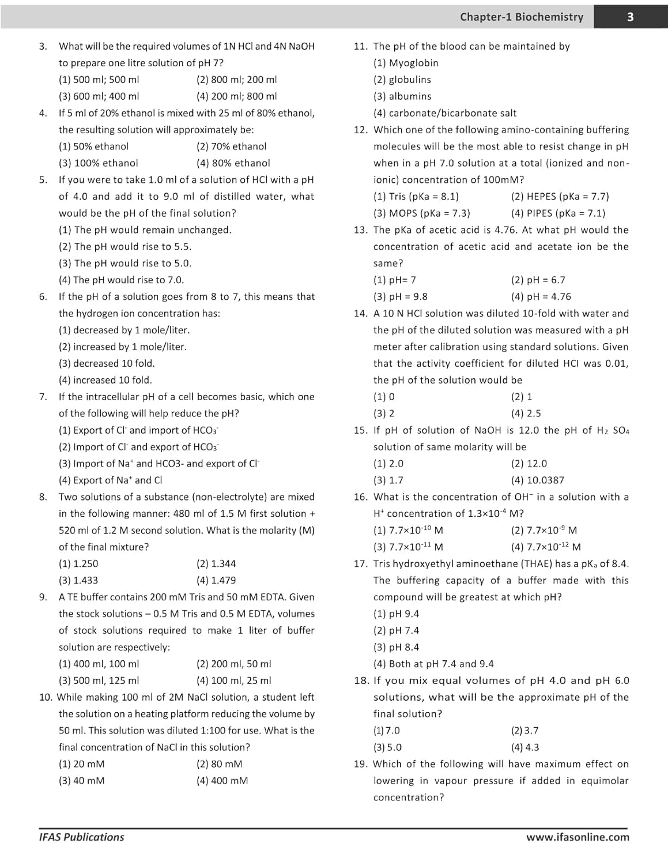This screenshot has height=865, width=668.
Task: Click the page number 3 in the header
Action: (630, 17)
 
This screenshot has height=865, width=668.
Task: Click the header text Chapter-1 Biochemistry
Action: (521, 17)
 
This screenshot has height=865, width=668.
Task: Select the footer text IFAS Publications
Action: (81, 837)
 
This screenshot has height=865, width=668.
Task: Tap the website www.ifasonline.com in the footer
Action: (578, 837)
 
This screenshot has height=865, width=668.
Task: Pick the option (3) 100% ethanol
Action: (99, 163)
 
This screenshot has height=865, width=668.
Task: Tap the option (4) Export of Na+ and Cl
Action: (110, 480)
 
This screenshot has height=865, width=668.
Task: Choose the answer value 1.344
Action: (216, 563)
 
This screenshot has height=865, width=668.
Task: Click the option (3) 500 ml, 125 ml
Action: (99, 680)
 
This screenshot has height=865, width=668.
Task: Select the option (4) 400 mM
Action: (222, 780)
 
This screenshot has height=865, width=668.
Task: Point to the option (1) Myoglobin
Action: (406, 63)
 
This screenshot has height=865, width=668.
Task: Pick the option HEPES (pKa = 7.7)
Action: (560, 196)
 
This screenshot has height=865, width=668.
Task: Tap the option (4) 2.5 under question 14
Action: (526, 413)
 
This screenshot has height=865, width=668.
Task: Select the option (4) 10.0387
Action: (537, 480)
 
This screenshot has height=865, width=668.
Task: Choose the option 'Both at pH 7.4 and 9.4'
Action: (433, 664)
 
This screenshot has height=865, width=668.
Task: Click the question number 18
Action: (361, 680)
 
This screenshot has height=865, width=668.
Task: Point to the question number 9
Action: (43, 597)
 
